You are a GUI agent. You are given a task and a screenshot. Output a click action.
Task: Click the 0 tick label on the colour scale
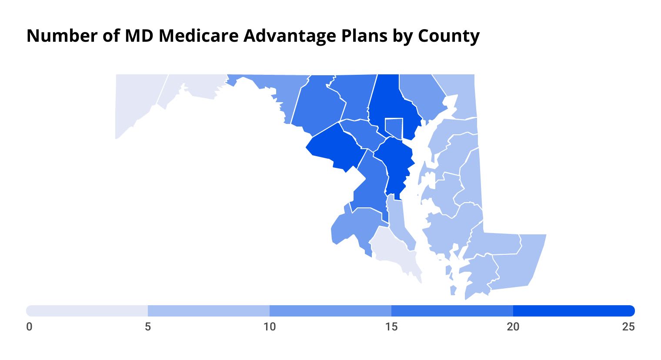tap(29, 327)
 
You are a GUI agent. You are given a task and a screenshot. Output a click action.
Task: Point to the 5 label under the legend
tap(148, 327)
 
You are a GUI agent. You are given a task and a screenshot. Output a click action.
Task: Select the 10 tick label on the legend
tap(270, 327)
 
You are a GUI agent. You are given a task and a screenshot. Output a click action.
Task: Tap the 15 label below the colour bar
tap(391, 327)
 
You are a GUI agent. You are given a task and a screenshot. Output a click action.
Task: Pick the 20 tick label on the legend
tap(513, 327)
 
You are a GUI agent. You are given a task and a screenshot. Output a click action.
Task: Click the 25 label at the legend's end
tap(628, 327)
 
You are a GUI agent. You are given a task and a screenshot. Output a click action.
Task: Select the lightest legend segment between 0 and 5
tap(87, 311)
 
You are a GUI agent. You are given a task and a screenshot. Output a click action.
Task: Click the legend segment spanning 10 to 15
tap(330, 311)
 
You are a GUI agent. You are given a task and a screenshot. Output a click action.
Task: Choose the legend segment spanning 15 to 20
tap(452, 311)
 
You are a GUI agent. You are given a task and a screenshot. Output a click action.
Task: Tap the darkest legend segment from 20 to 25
tap(574, 311)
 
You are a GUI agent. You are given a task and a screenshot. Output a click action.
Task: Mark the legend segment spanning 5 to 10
tap(209, 311)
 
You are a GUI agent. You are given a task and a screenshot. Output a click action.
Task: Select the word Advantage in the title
tap(289, 36)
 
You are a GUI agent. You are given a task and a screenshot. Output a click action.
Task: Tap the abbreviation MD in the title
tap(139, 36)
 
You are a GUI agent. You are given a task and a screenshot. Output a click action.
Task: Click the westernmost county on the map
tap(135, 100)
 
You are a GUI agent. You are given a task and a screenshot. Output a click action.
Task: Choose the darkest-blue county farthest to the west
tap(335, 148)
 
